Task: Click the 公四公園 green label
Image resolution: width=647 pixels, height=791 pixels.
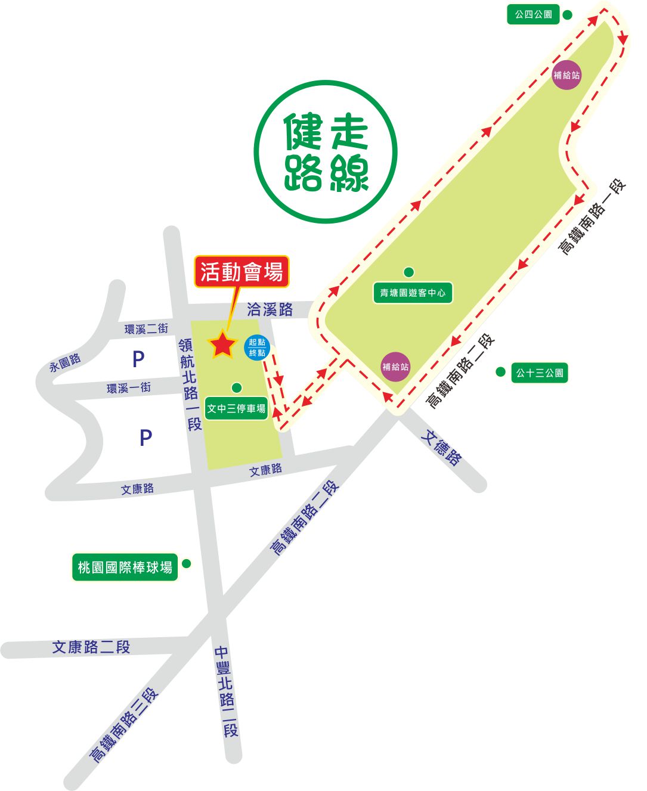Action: (534, 14)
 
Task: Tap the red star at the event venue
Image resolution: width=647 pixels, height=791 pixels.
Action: (222, 344)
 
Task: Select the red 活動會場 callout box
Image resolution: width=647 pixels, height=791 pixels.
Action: (242, 272)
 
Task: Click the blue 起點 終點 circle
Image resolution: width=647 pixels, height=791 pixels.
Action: (258, 348)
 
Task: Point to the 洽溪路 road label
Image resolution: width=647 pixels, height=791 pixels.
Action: (270, 309)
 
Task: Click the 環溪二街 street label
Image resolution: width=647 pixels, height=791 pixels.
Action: (146, 328)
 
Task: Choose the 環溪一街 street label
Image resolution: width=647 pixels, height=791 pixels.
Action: (129, 388)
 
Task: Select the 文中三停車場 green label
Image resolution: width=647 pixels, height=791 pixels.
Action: (236, 409)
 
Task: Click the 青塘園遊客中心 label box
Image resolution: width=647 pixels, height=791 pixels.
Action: (413, 293)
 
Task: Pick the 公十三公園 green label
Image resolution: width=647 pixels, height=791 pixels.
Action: (539, 373)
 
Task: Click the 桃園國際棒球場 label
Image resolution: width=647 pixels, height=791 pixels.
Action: (125, 567)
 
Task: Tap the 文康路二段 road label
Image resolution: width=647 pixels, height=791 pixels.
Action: (91, 647)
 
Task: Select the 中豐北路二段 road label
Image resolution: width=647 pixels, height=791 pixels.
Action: (227, 691)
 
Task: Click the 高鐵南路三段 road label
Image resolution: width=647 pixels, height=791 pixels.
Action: (123, 725)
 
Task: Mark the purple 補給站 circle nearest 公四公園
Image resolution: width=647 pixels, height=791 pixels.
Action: (566, 75)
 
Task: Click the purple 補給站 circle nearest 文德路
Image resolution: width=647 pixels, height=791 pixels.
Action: (395, 367)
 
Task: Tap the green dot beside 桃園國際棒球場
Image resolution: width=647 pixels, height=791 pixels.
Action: (186, 563)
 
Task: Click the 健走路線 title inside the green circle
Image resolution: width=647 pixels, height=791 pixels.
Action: (326, 153)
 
